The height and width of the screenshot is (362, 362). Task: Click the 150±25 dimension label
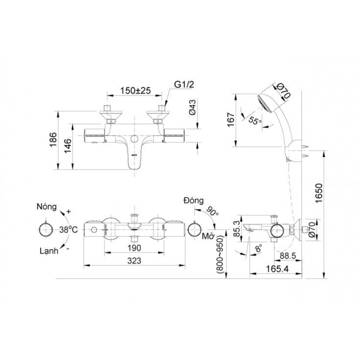[x=136, y=90]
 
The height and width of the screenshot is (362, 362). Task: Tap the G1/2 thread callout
[x=184, y=85]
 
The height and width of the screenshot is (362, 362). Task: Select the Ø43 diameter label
[x=192, y=107]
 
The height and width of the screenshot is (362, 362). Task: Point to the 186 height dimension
[x=53, y=140]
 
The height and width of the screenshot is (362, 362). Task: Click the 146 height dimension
[x=68, y=146]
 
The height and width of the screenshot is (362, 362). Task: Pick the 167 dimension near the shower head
[x=231, y=119]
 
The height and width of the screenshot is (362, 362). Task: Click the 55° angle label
[x=255, y=120]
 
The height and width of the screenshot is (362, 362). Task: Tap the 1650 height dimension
[x=319, y=193]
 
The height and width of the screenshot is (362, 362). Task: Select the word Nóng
[x=46, y=206]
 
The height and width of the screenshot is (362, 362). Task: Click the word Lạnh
[x=49, y=251]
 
